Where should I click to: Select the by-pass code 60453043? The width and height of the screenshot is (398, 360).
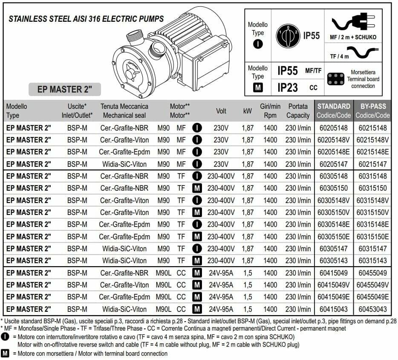372,309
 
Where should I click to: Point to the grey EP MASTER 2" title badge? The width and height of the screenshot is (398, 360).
64,90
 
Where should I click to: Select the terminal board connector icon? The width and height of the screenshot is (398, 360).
336,79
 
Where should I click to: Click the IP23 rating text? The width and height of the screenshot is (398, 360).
288,87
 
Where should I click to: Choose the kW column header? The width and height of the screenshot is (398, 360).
248,111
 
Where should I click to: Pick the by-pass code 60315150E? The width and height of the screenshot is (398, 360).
373,236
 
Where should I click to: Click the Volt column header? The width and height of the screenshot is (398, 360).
221,111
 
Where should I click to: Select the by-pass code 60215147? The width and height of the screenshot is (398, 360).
372,164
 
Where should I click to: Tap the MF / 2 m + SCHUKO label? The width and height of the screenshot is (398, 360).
353,37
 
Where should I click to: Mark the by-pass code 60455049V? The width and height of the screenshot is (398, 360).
373,285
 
